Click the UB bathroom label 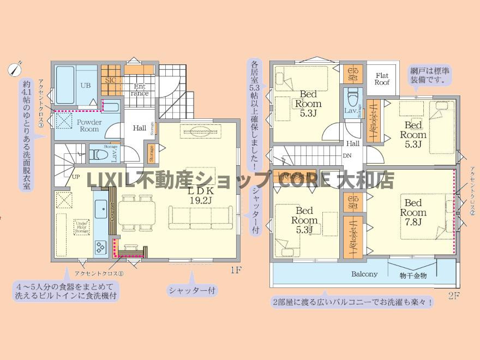tap(86, 85)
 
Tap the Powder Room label tap(87, 125)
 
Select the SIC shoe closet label tap(110, 80)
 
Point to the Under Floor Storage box tap(82, 227)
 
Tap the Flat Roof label tap(382, 79)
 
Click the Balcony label tap(364, 274)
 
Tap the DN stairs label tap(347, 155)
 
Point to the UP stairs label tap(76, 176)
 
